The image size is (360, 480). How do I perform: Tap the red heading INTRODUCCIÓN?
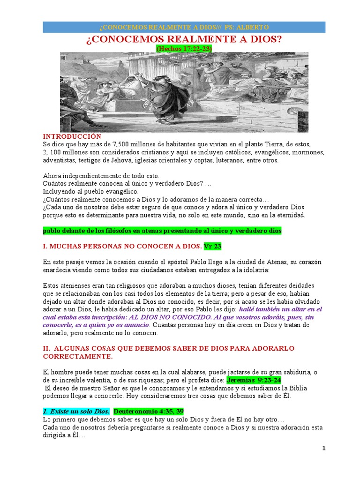(x=72, y=136)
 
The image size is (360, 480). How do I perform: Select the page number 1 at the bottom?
(x=323, y=449)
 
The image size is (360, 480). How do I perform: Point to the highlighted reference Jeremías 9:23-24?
(x=254, y=380)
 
